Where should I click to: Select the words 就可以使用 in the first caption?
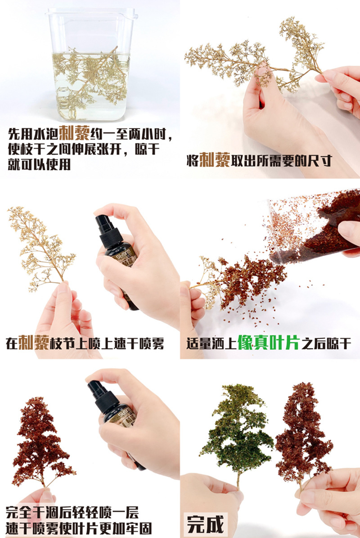(39, 164)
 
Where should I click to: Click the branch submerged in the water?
(90, 77)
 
